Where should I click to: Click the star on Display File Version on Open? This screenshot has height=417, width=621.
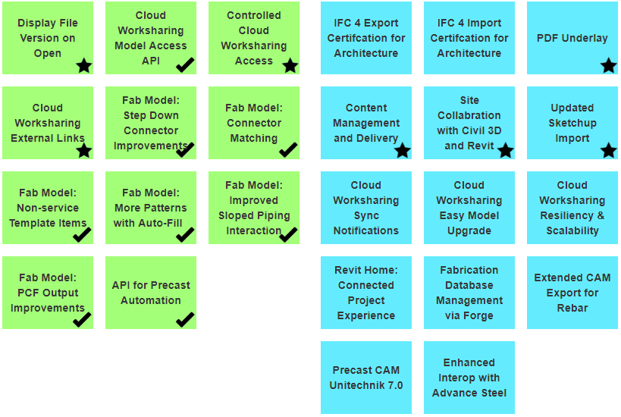tap(83, 66)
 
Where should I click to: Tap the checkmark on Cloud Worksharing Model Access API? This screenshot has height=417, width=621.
tap(185, 65)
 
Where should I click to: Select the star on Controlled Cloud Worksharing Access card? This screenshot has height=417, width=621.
tap(290, 66)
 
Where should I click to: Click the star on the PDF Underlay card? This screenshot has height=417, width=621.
tap(608, 66)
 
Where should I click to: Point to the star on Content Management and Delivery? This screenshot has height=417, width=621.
tap(402, 151)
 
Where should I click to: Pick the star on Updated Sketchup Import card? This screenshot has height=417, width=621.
tap(608, 151)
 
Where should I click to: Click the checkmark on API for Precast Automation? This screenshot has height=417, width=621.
tap(185, 320)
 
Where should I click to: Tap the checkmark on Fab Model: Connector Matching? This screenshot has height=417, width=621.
tap(288, 150)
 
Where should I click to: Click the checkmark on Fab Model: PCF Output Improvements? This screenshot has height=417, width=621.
tap(82, 320)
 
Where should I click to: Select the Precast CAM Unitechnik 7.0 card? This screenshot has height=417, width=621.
tap(366, 378)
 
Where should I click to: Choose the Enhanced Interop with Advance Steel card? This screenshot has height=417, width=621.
tap(469, 378)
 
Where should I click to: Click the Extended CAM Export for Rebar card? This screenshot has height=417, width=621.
tap(572, 293)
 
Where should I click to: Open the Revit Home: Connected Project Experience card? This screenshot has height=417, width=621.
tap(366, 293)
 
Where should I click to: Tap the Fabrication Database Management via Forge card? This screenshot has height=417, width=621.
tap(469, 293)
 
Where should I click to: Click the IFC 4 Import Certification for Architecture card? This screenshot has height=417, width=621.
tap(469, 38)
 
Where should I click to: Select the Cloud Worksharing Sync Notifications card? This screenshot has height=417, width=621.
tap(366, 208)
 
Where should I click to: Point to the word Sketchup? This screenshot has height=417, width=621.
tap(572, 123)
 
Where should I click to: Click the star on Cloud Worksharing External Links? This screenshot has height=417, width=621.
tap(83, 151)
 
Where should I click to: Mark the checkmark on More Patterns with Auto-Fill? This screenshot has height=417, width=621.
tap(185, 235)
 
